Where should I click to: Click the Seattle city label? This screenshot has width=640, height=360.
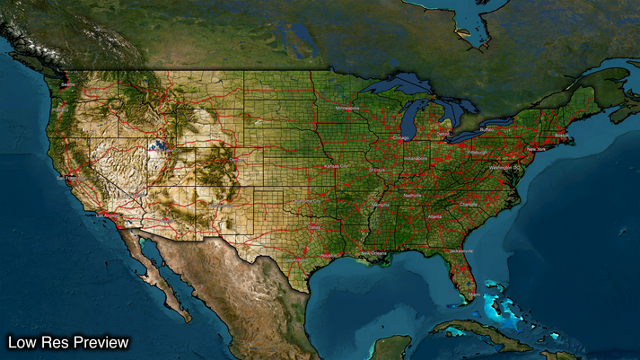coord(65,85)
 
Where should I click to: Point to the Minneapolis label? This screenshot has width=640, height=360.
coord(346,108)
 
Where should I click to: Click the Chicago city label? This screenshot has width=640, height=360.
coord(399,137)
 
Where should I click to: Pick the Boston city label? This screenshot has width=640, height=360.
coord(563,136)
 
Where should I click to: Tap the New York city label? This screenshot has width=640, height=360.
coord(536,149)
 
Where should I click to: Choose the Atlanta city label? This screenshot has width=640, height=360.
coord(435,216)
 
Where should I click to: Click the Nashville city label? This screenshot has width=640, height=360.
coord(413,195)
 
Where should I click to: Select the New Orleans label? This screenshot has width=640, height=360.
coord(375,254)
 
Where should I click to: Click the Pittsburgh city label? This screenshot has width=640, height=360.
coord(476,153)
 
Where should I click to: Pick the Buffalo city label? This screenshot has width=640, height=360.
coord(487,129)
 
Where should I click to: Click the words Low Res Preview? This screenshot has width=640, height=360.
coord(69,342)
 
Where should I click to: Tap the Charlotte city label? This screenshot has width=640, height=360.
coord(469,204)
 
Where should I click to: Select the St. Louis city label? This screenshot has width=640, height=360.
coord(378,170)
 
